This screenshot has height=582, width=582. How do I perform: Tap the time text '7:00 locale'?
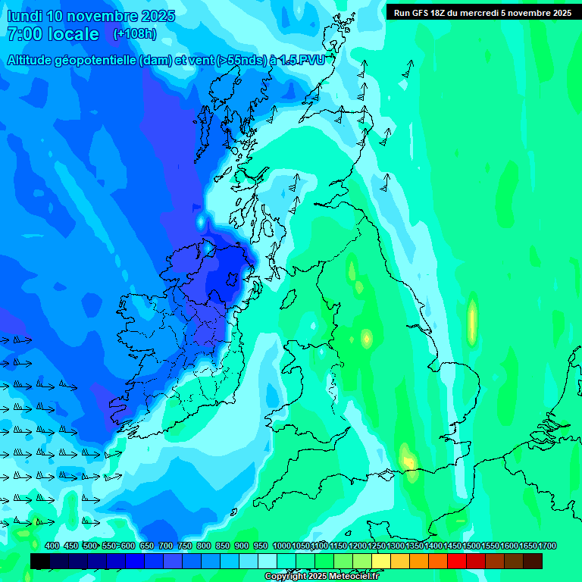52,34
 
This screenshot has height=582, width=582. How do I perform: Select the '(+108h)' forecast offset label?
136,34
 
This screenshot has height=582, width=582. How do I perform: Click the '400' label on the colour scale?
52,546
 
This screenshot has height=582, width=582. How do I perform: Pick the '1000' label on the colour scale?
281,546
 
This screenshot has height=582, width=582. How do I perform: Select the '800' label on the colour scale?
204,546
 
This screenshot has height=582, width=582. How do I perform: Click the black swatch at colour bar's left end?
40,561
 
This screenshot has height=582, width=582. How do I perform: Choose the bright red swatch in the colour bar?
457,561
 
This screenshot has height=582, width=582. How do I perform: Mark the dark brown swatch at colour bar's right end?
533,561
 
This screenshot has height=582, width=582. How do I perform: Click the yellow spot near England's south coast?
408,459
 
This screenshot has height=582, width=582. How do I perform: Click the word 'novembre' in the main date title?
101,16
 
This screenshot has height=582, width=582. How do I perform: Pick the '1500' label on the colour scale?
471,546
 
